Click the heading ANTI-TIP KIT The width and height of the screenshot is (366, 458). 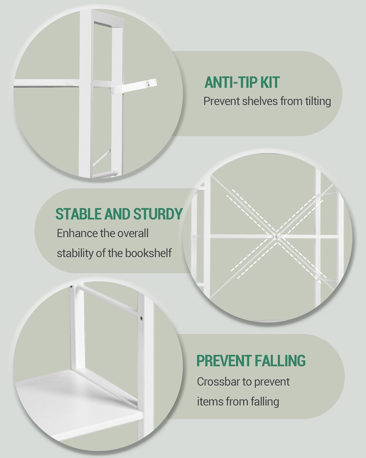[x=242, y=82]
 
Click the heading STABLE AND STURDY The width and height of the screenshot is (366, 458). [x=119, y=214]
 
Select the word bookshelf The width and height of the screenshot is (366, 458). [x=148, y=253]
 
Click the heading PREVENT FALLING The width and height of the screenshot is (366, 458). [x=251, y=361]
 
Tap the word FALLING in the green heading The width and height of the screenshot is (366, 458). [x=280, y=361]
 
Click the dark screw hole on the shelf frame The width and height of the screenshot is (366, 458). [x=141, y=318]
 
